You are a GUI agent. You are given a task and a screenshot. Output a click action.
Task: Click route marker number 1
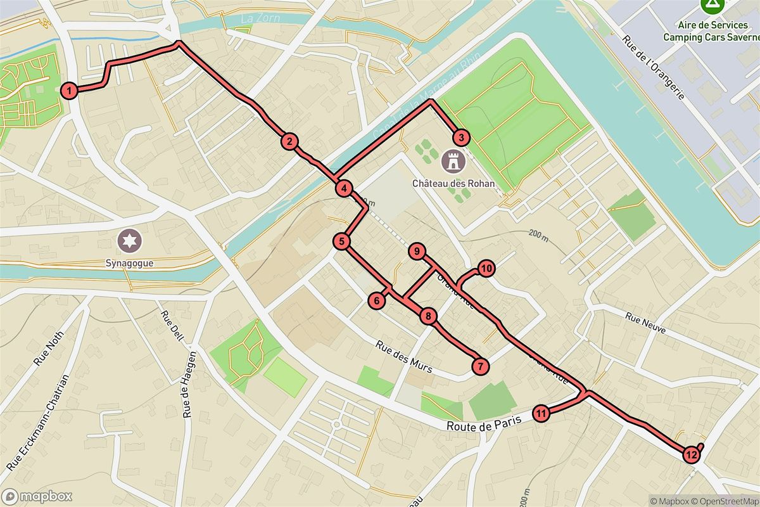70,91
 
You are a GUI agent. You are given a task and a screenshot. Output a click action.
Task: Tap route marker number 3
460,138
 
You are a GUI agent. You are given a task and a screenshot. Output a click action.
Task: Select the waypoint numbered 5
341,241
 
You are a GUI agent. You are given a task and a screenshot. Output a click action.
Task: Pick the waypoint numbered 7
481,366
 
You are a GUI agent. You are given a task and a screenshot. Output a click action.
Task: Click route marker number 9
416,252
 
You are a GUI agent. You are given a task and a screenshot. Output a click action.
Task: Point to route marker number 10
486,268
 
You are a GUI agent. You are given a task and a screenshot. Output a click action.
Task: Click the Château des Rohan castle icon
453,161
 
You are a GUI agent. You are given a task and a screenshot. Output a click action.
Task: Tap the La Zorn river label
256,19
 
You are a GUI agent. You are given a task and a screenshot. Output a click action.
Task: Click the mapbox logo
37,496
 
